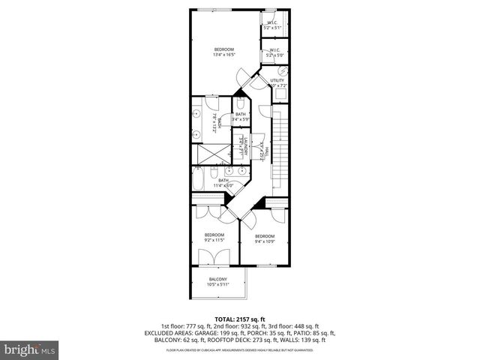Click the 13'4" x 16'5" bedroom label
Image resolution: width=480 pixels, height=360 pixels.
pyautogui.click(x=224, y=52)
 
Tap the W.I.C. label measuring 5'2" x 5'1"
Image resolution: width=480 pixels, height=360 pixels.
pyautogui.click(x=272, y=26)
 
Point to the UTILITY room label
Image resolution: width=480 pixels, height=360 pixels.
pyautogui.click(x=277, y=82)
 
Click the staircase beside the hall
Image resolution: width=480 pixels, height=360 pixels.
pyautogui.click(x=280, y=146)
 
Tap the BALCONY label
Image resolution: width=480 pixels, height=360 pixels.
pyautogui.click(x=217, y=282)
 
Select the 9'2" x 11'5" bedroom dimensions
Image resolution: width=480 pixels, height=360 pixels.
pyautogui.click(x=214, y=240)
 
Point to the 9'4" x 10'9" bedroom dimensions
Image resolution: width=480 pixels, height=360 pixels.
pyautogui.click(x=265, y=240)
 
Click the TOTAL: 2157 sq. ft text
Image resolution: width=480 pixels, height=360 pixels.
pyautogui.click(x=239, y=319)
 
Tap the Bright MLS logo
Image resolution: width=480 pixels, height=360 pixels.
pyautogui.click(x=28, y=350)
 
